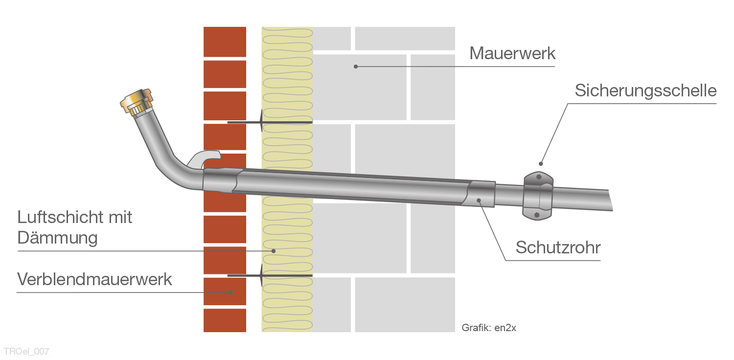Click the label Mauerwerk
(x=512, y=53)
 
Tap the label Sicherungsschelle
(x=645, y=90)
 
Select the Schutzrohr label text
(x=558, y=248)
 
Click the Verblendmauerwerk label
(x=94, y=279)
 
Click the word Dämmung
(x=57, y=238)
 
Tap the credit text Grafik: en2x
(x=488, y=328)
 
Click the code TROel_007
(x=26, y=351)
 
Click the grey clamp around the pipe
(x=538, y=196)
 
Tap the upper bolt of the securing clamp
(x=539, y=177)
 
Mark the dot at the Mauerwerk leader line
(x=356, y=67)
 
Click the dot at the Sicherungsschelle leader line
(x=541, y=163)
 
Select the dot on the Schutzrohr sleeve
(x=480, y=199)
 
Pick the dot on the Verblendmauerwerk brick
(x=231, y=292)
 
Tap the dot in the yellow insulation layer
(x=274, y=251)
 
